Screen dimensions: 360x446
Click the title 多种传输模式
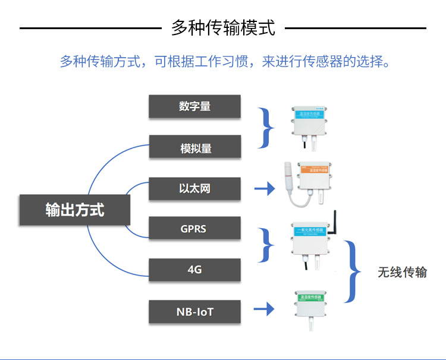[223, 28]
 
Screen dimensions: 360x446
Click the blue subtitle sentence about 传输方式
[225, 61]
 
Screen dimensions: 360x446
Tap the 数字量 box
[194, 106]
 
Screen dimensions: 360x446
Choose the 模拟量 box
[194, 147]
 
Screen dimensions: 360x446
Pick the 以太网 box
[194, 189]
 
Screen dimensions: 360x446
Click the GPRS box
[194, 228]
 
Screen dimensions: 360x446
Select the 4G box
[194, 270]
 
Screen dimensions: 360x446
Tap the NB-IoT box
[194, 311]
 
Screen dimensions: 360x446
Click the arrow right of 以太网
[265, 189]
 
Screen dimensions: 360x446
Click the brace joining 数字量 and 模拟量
[268, 127]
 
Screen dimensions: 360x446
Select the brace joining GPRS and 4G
[268, 245]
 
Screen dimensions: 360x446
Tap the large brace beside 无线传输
[354, 271]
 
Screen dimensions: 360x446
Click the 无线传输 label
[402, 272]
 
